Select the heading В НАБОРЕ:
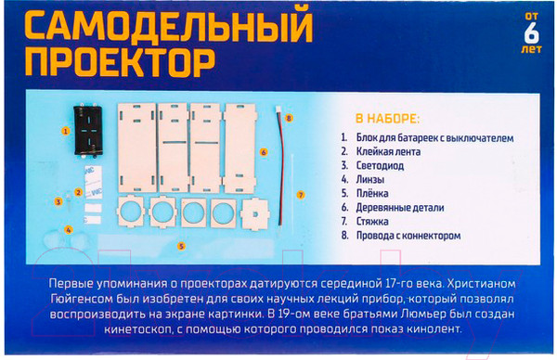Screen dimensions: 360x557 (x=386, y=120)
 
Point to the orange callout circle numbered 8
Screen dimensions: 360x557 (x=289, y=119)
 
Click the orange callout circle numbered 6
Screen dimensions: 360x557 (x=264, y=151)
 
